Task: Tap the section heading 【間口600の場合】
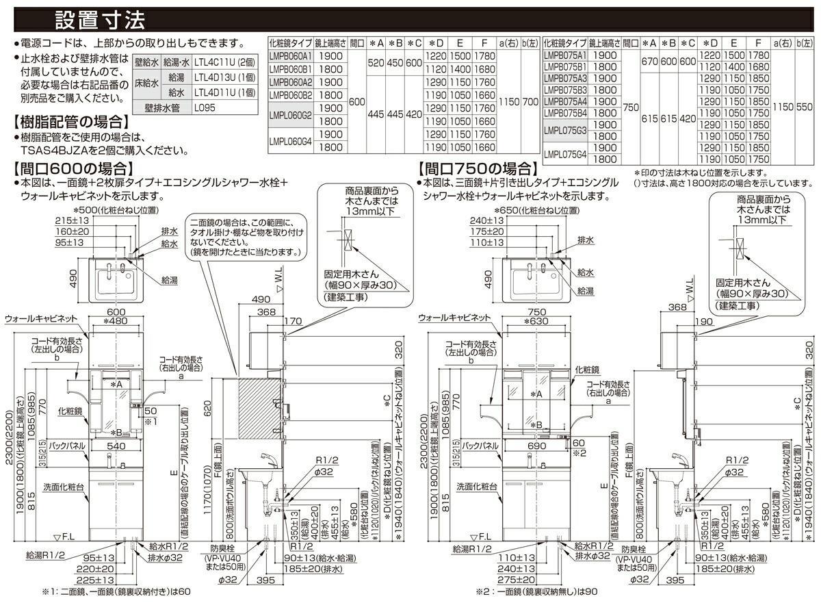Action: click(x=73, y=168)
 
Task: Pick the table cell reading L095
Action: click(x=204, y=107)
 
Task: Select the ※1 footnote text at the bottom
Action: click(x=116, y=591)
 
